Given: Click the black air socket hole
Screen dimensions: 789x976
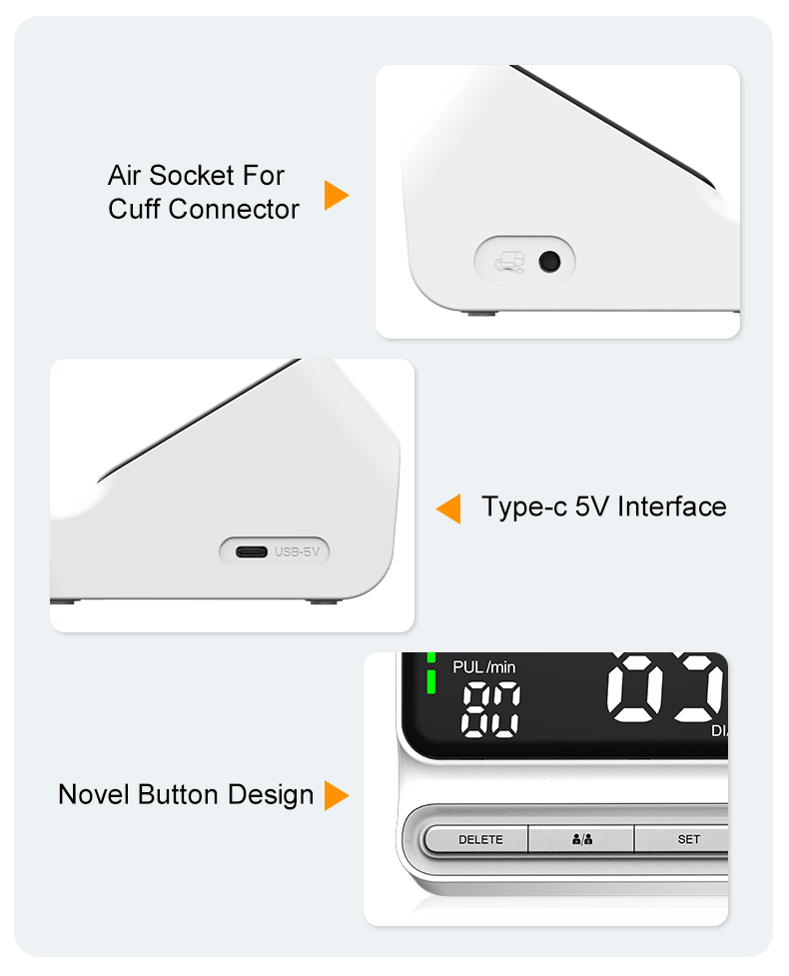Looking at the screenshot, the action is click(549, 262).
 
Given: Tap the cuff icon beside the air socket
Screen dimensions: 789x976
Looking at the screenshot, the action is click(509, 262).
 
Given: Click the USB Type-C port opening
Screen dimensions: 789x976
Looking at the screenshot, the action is click(252, 552).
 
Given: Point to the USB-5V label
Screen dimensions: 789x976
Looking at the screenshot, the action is click(297, 552).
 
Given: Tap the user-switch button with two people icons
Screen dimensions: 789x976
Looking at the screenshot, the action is click(582, 839).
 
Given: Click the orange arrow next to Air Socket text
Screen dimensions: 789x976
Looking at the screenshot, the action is click(336, 196).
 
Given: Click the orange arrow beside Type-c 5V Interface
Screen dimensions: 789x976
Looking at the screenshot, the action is click(448, 508).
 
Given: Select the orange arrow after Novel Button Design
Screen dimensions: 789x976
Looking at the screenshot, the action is click(336, 795).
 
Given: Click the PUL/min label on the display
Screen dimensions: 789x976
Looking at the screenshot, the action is click(484, 667).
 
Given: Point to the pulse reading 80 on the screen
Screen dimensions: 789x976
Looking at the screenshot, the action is click(490, 709).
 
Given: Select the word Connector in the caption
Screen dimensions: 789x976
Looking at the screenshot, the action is click(234, 209).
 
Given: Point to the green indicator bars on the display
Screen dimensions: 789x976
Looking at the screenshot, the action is click(430, 674).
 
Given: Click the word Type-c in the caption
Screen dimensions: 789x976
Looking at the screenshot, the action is click(524, 507).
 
